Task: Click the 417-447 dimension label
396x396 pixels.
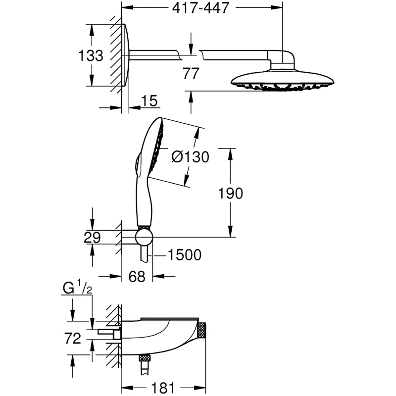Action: point(200,8)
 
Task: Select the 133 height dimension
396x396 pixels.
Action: point(91,55)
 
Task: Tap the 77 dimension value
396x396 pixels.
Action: point(191,73)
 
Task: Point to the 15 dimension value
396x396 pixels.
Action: point(149,101)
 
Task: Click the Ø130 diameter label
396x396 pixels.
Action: point(191,157)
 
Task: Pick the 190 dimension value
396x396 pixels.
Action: point(230,193)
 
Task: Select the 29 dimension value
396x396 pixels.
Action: point(92,238)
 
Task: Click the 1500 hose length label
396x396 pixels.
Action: point(185,255)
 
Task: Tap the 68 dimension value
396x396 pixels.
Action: point(137,276)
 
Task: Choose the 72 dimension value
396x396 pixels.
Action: point(73,339)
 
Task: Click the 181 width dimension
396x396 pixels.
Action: point(163,388)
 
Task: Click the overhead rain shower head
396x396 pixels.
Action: point(282,80)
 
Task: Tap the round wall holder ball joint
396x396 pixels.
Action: point(144,237)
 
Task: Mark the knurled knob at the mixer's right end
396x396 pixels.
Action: point(202,330)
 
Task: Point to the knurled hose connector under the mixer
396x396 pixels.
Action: point(145,358)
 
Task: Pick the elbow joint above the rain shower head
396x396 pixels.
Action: point(282,59)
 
